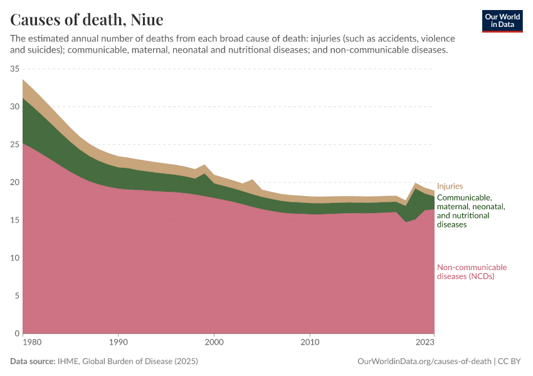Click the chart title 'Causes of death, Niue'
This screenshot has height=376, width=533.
coord(87,19)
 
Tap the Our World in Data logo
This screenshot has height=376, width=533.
coord(502,21)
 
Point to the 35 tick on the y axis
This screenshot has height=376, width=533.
coord(15,69)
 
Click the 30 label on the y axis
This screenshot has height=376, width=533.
coord(15,107)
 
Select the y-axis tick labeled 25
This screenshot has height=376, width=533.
coord(15,145)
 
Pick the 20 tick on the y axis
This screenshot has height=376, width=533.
coord(15,182)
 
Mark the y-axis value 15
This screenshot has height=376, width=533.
coord(15,220)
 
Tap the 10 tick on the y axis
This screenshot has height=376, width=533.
coord(15,258)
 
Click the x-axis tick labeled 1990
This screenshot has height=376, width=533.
coord(119,343)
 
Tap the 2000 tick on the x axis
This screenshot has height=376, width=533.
coord(214,343)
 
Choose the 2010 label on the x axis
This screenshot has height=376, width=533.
coord(310,343)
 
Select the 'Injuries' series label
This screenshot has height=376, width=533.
coord(450,186)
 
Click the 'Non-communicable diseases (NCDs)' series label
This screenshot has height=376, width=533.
coord(472,271)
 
